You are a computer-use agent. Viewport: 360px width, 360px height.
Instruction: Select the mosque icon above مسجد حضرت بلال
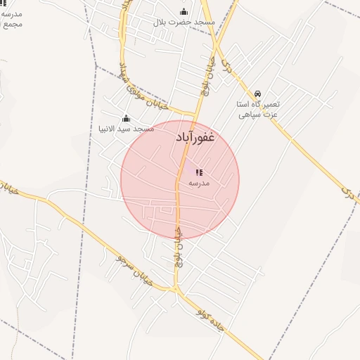[x=184, y=11]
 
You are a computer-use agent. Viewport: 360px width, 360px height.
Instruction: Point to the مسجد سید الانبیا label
[x=126, y=129]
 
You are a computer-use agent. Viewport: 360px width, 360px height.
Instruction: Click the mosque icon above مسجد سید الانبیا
[x=126, y=118]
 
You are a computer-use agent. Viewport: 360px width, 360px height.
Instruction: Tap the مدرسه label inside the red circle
[x=199, y=183]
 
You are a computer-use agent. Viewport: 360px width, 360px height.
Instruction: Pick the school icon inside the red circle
[x=199, y=172]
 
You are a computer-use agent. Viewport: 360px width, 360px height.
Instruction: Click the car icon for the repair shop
[x=258, y=94]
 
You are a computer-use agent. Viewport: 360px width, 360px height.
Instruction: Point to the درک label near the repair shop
[x=225, y=67]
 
